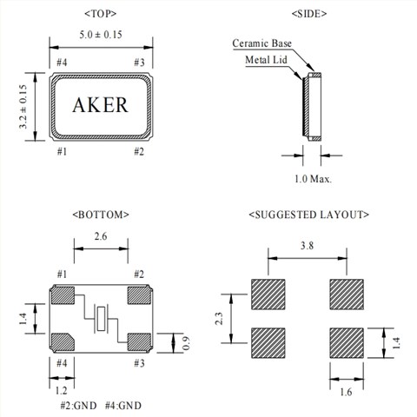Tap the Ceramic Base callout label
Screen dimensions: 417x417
click(261, 43)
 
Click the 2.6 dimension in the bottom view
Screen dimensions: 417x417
click(102, 236)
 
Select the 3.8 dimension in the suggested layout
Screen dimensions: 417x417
click(308, 247)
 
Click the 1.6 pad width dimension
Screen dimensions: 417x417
click(346, 393)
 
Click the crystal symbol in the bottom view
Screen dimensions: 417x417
click(102, 318)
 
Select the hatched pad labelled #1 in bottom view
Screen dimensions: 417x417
click(63, 295)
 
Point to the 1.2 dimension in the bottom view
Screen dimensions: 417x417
click(63, 391)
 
